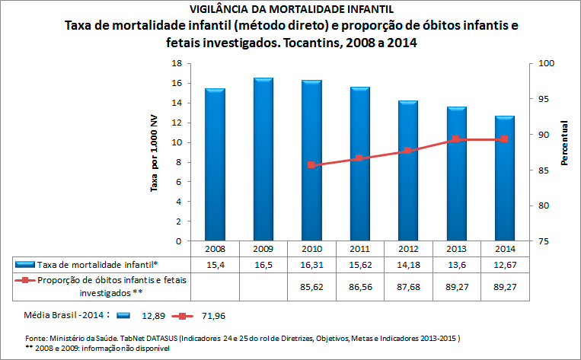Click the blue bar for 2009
[x=263, y=160]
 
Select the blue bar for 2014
[x=506, y=178]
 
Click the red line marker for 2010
[x=311, y=164]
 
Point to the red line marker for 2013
[x=456, y=139]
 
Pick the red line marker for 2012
[x=408, y=151]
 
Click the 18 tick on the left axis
[x=177, y=64]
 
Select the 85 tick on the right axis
[x=545, y=170]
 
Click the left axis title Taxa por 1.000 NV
[x=154, y=152]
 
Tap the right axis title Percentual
[x=565, y=143]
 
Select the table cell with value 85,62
[x=311, y=285]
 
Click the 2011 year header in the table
[x=359, y=248]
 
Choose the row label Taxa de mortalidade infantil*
[x=97, y=263]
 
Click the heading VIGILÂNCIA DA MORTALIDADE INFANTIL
[x=291, y=9]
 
